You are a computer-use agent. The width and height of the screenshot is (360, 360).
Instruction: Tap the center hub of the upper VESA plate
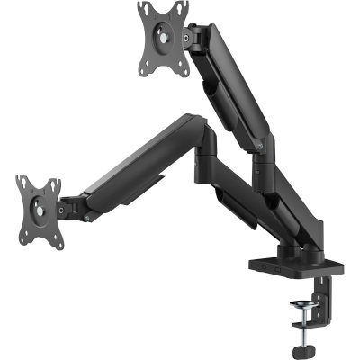[x=164, y=36]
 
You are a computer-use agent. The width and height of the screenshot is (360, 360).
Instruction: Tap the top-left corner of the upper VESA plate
[x=144, y=8]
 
